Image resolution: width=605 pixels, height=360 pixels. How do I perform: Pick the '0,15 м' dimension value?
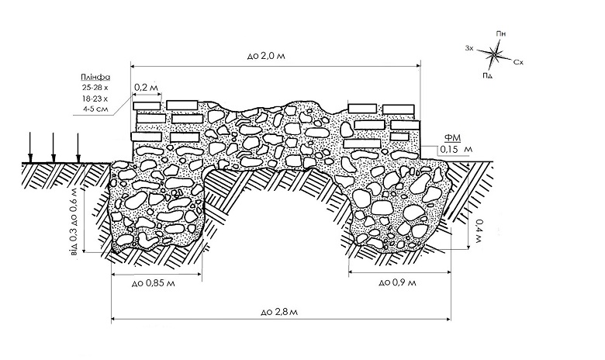pyautogui.click(x=456, y=148)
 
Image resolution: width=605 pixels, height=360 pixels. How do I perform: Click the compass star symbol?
pyautogui.click(x=493, y=54)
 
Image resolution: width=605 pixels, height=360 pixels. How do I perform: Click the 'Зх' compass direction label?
pyautogui.click(x=468, y=48)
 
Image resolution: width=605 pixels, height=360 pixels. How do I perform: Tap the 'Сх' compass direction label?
pyautogui.click(x=519, y=61)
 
